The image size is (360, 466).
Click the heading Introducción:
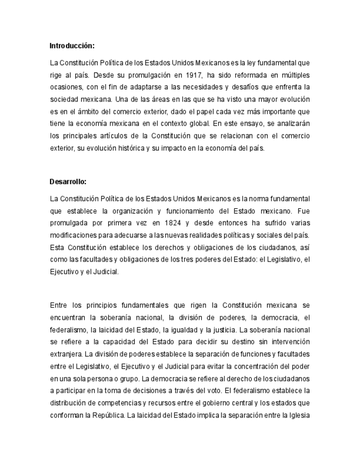click(x=71, y=45)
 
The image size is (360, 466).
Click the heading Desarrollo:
click(x=68, y=181)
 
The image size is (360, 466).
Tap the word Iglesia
click(x=297, y=415)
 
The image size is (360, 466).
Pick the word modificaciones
click(x=73, y=235)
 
